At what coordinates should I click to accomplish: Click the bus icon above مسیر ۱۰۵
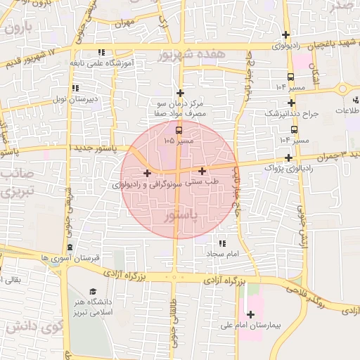[x=178, y=130]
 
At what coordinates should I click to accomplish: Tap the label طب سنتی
[x=205, y=181]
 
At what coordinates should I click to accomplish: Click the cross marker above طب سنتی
[x=202, y=171]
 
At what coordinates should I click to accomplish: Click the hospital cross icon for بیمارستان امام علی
[x=251, y=314]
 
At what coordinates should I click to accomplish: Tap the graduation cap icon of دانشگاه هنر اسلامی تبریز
[x=93, y=292]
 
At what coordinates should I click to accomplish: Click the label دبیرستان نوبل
[x=77, y=99]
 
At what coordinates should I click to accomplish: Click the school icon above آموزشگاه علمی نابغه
[x=102, y=52]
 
